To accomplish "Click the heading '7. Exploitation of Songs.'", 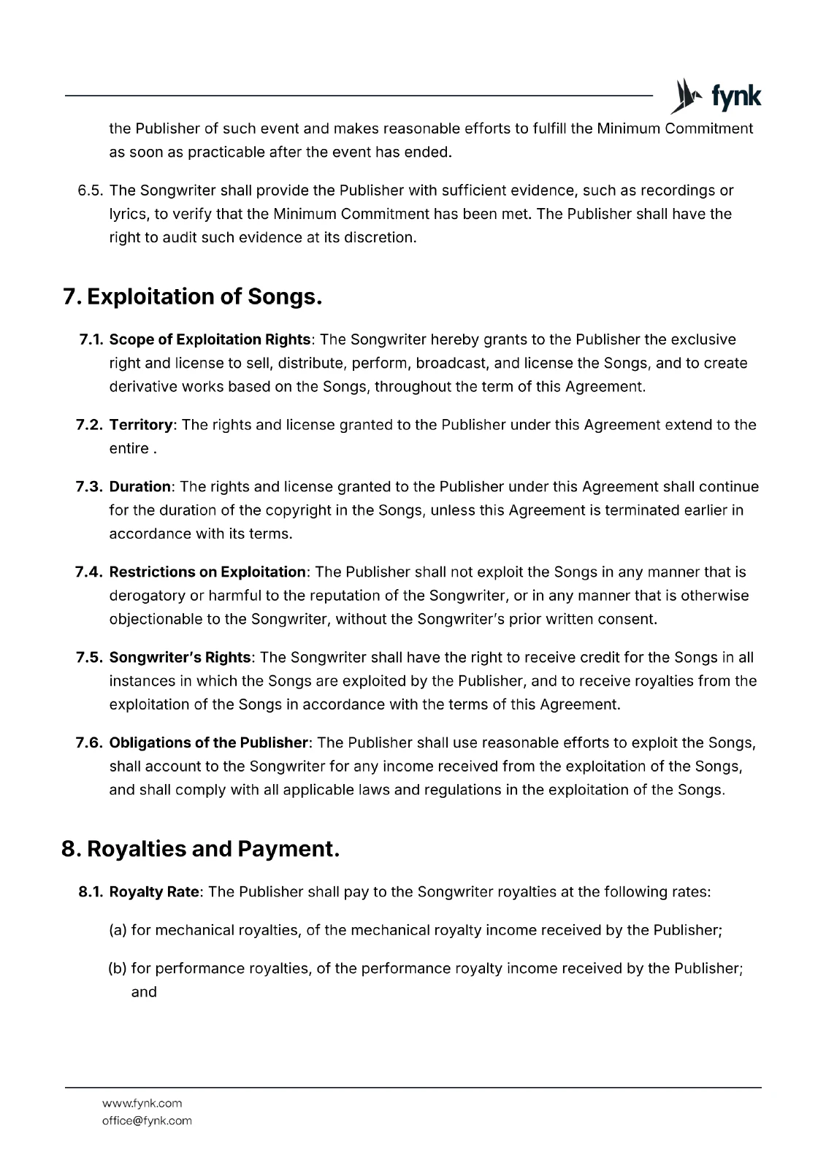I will (193, 297).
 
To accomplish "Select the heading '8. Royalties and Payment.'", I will (201, 849).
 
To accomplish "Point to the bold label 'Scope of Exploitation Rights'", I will (210, 339).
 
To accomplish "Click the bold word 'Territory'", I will (141, 425).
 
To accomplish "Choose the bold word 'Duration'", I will (140, 487).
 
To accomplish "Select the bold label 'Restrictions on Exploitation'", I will (207, 572).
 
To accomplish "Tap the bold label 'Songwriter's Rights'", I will (180, 658).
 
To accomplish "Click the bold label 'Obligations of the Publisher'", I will (209, 743).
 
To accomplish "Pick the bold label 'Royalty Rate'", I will (154, 892).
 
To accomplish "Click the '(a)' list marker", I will (118, 930).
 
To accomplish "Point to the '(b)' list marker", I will (118, 969).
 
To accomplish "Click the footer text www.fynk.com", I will (142, 1103).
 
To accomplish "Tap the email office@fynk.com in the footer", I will (147, 1121).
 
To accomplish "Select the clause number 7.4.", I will (90, 572).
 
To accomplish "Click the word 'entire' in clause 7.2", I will (129, 448).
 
